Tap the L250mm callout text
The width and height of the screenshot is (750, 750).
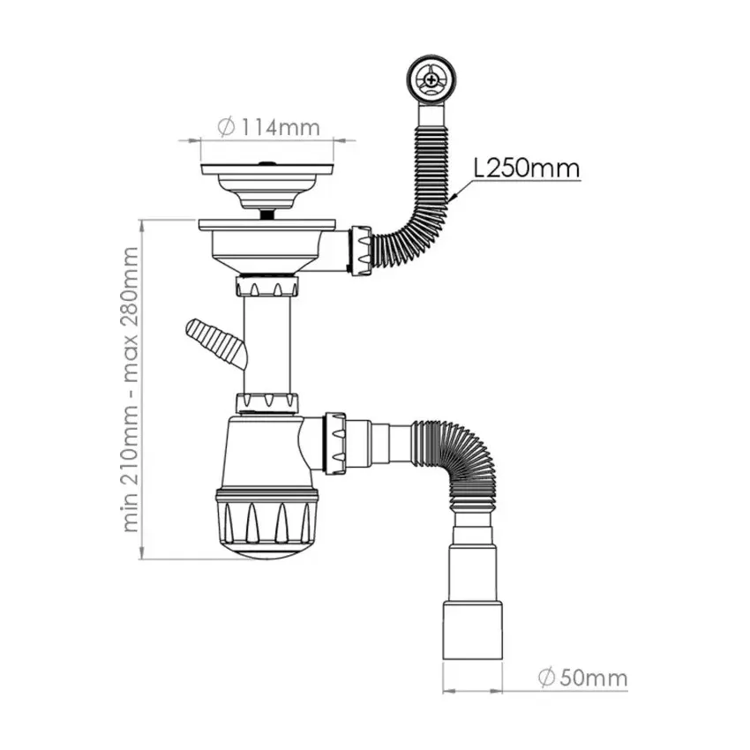[x=526, y=167]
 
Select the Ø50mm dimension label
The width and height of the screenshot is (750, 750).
[x=581, y=678]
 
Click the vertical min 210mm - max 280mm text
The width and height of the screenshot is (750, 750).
[x=131, y=388]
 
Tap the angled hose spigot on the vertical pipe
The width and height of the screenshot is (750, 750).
[x=213, y=341]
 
